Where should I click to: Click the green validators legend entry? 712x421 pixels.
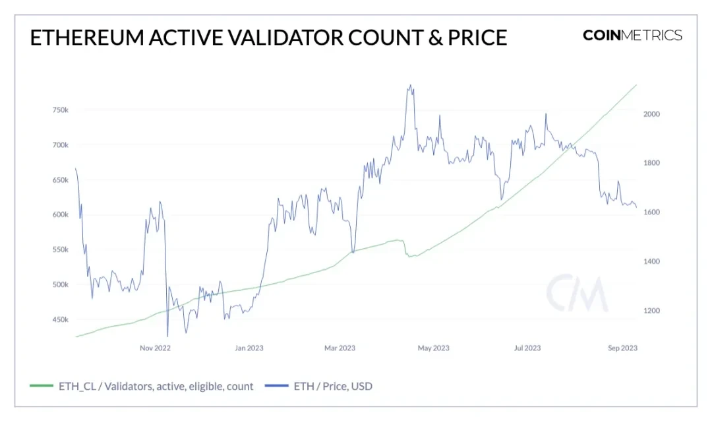142,386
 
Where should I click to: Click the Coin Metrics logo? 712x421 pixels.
632,36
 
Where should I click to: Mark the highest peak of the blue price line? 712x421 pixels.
411,85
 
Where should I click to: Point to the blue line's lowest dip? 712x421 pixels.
167,337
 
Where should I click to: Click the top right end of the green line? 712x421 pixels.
636,85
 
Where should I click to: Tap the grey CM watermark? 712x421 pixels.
576,294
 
